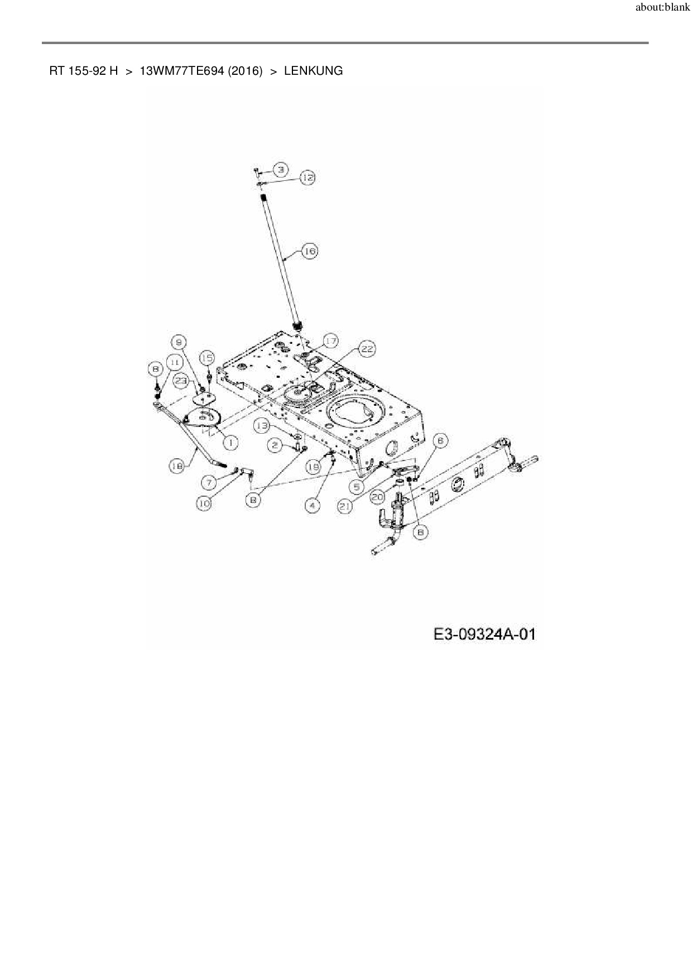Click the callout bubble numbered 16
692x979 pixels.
[x=309, y=252]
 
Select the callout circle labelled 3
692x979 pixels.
[x=281, y=169]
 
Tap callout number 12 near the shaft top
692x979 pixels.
[x=307, y=177]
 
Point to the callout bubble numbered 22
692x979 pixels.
[x=366, y=350]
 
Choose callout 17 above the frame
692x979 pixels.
[x=330, y=341]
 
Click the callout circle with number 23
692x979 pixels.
[x=181, y=381]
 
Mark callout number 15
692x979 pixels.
[x=206, y=358]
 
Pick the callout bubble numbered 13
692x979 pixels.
[x=263, y=425]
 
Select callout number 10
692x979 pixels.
[x=204, y=503]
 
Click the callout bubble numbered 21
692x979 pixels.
[x=346, y=506]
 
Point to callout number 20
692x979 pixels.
[x=378, y=495]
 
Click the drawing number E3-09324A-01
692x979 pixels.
[x=484, y=634]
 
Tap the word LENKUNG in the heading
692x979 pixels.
[x=313, y=71]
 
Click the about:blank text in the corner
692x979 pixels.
[x=662, y=8]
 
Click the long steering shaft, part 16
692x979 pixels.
[x=280, y=262]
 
